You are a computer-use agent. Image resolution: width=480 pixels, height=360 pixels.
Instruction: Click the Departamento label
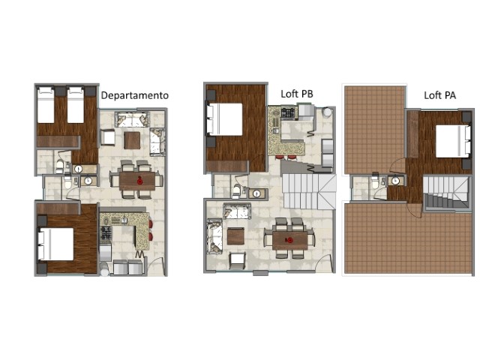135,95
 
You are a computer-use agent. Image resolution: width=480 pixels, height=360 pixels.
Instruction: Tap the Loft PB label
297,94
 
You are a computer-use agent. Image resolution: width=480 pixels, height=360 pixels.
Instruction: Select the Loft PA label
440,95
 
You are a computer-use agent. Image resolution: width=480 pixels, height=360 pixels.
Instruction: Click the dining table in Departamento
137,181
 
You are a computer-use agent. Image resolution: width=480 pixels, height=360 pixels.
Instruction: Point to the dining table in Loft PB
290,240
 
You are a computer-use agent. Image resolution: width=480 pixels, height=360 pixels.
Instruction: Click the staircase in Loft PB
309,191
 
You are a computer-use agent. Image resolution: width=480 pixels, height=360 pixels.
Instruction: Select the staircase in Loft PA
446,192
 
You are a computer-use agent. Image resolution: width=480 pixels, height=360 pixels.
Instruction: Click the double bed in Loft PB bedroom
224,119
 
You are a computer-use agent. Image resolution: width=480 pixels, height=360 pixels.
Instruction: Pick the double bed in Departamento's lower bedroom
55,244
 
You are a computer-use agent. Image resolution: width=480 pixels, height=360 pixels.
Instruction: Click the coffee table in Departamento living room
132,140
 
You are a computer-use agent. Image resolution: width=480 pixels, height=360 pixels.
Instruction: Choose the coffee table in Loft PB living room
235,236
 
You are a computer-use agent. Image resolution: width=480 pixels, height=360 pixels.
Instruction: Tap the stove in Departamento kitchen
106,233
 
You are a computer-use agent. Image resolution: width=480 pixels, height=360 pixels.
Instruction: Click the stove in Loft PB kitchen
289,112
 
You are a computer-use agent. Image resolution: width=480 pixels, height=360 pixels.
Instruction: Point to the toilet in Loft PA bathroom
375,182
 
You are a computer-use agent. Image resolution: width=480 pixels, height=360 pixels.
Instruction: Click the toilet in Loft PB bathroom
236,190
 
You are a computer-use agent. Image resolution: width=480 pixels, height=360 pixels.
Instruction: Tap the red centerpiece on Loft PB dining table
289,240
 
